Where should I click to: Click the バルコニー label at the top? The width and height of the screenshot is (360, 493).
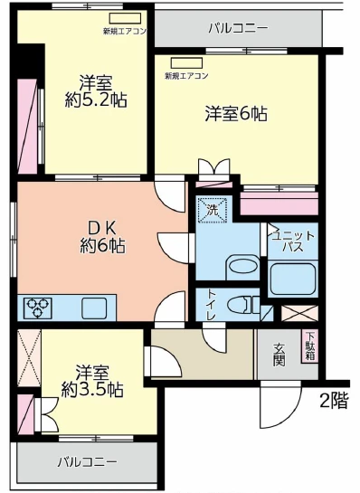pos(238,28)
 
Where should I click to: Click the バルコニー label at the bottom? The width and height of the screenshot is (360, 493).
pos(87,462)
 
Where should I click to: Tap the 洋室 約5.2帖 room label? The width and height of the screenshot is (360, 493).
pos(96,90)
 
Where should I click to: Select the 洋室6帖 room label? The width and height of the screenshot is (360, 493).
pos(235,114)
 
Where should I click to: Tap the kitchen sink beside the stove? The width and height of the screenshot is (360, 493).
pos(93,308)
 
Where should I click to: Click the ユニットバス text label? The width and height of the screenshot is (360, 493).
pos(293,240)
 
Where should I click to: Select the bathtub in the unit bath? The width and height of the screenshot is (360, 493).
pos(294,277)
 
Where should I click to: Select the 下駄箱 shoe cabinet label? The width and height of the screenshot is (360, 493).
pos(309,346)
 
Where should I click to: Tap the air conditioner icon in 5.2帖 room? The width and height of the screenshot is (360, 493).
pos(118,18)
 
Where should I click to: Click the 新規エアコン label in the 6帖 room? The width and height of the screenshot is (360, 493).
pos(186,76)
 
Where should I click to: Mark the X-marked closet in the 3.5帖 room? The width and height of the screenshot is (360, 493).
pos(29,357)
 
